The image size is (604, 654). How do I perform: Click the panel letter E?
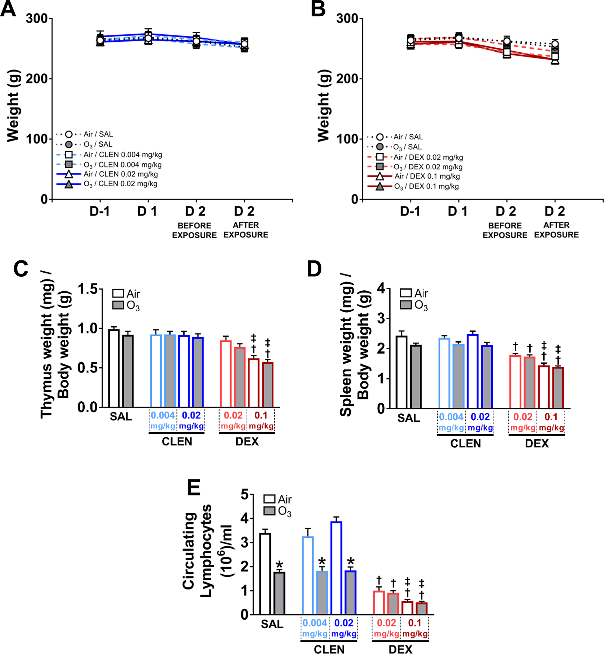[x=194, y=488]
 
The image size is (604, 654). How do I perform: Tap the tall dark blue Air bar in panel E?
[x=336, y=568]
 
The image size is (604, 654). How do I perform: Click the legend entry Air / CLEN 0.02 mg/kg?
[x=121, y=174]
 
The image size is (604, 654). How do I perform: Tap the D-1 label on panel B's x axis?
[x=410, y=212]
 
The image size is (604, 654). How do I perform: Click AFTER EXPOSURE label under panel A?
[x=246, y=230]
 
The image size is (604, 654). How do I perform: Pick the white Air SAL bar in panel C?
[x=114, y=368]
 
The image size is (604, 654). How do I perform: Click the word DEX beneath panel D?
[x=537, y=443]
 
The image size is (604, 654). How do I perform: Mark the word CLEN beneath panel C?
[x=177, y=442]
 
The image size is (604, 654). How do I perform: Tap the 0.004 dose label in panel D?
[x=451, y=417]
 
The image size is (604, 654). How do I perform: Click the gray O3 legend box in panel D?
[x=406, y=305]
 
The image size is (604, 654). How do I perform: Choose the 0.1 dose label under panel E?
[x=415, y=623]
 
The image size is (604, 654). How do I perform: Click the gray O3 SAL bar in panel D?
[x=416, y=376]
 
